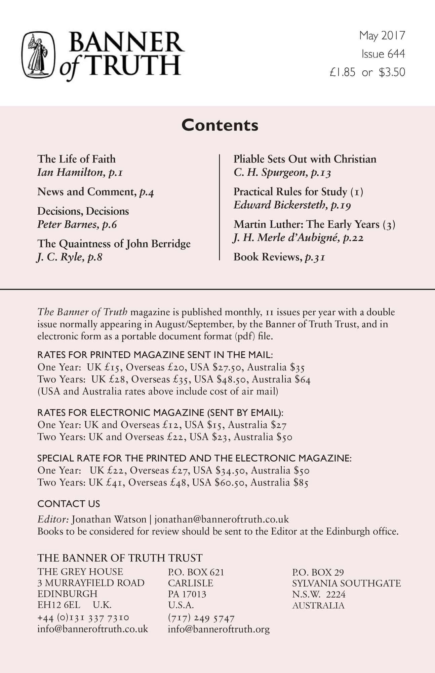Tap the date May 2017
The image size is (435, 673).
382,35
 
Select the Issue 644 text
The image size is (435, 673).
383,54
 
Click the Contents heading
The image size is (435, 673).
220,125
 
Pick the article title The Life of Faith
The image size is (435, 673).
76,159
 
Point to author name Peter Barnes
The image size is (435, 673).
67,224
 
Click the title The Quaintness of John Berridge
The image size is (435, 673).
114,244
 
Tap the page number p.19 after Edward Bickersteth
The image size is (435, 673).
341,205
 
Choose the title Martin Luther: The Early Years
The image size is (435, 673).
307,224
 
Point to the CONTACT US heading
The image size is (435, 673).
69,504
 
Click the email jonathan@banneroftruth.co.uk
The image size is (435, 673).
222,519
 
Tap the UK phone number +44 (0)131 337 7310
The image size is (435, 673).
83,618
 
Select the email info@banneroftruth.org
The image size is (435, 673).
219,629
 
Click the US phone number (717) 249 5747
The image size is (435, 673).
201,618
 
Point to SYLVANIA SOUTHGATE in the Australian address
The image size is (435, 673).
346,583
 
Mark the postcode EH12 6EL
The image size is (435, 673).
59,605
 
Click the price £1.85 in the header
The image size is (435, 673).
342,72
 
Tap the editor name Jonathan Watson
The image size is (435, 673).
109,519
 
